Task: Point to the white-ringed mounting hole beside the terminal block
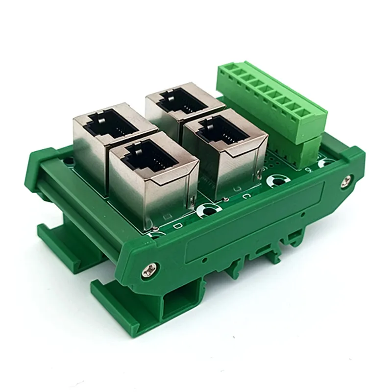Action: [x=324, y=162]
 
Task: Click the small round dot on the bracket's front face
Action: [x=208, y=260]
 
